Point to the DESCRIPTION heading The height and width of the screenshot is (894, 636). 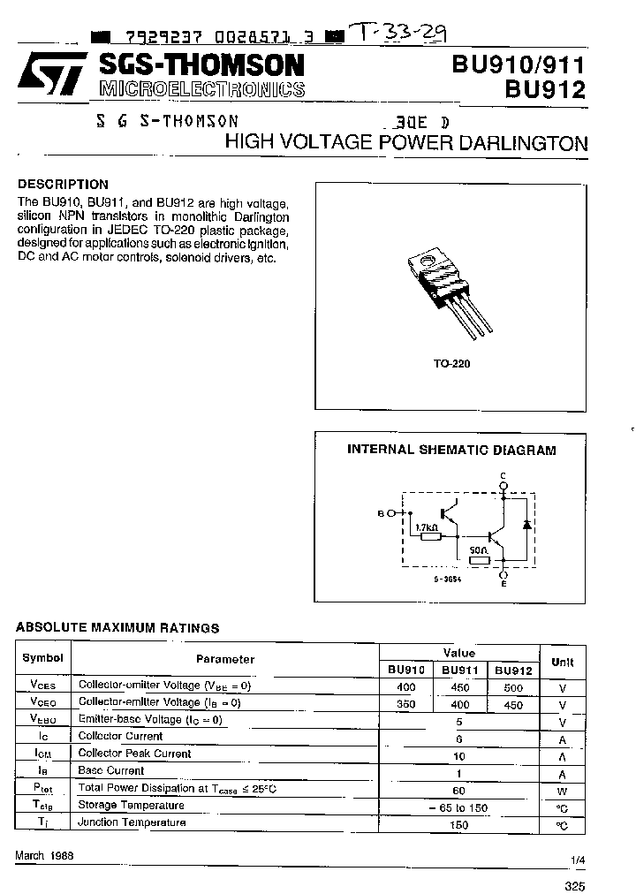click(x=64, y=185)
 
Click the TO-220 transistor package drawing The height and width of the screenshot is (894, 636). click(x=447, y=290)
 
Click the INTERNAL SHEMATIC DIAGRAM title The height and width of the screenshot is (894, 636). click(x=451, y=450)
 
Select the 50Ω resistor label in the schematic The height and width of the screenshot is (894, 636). click(x=478, y=549)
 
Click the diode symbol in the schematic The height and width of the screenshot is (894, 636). click(x=526, y=524)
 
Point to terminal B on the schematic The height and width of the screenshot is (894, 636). click(x=382, y=512)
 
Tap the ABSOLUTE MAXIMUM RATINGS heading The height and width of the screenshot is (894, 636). click(x=117, y=628)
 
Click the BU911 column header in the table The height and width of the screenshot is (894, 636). click(x=459, y=670)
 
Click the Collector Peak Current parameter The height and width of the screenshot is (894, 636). click(x=134, y=754)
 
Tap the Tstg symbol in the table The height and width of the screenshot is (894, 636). click(x=42, y=805)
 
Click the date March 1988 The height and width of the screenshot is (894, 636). click(x=44, y=857)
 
